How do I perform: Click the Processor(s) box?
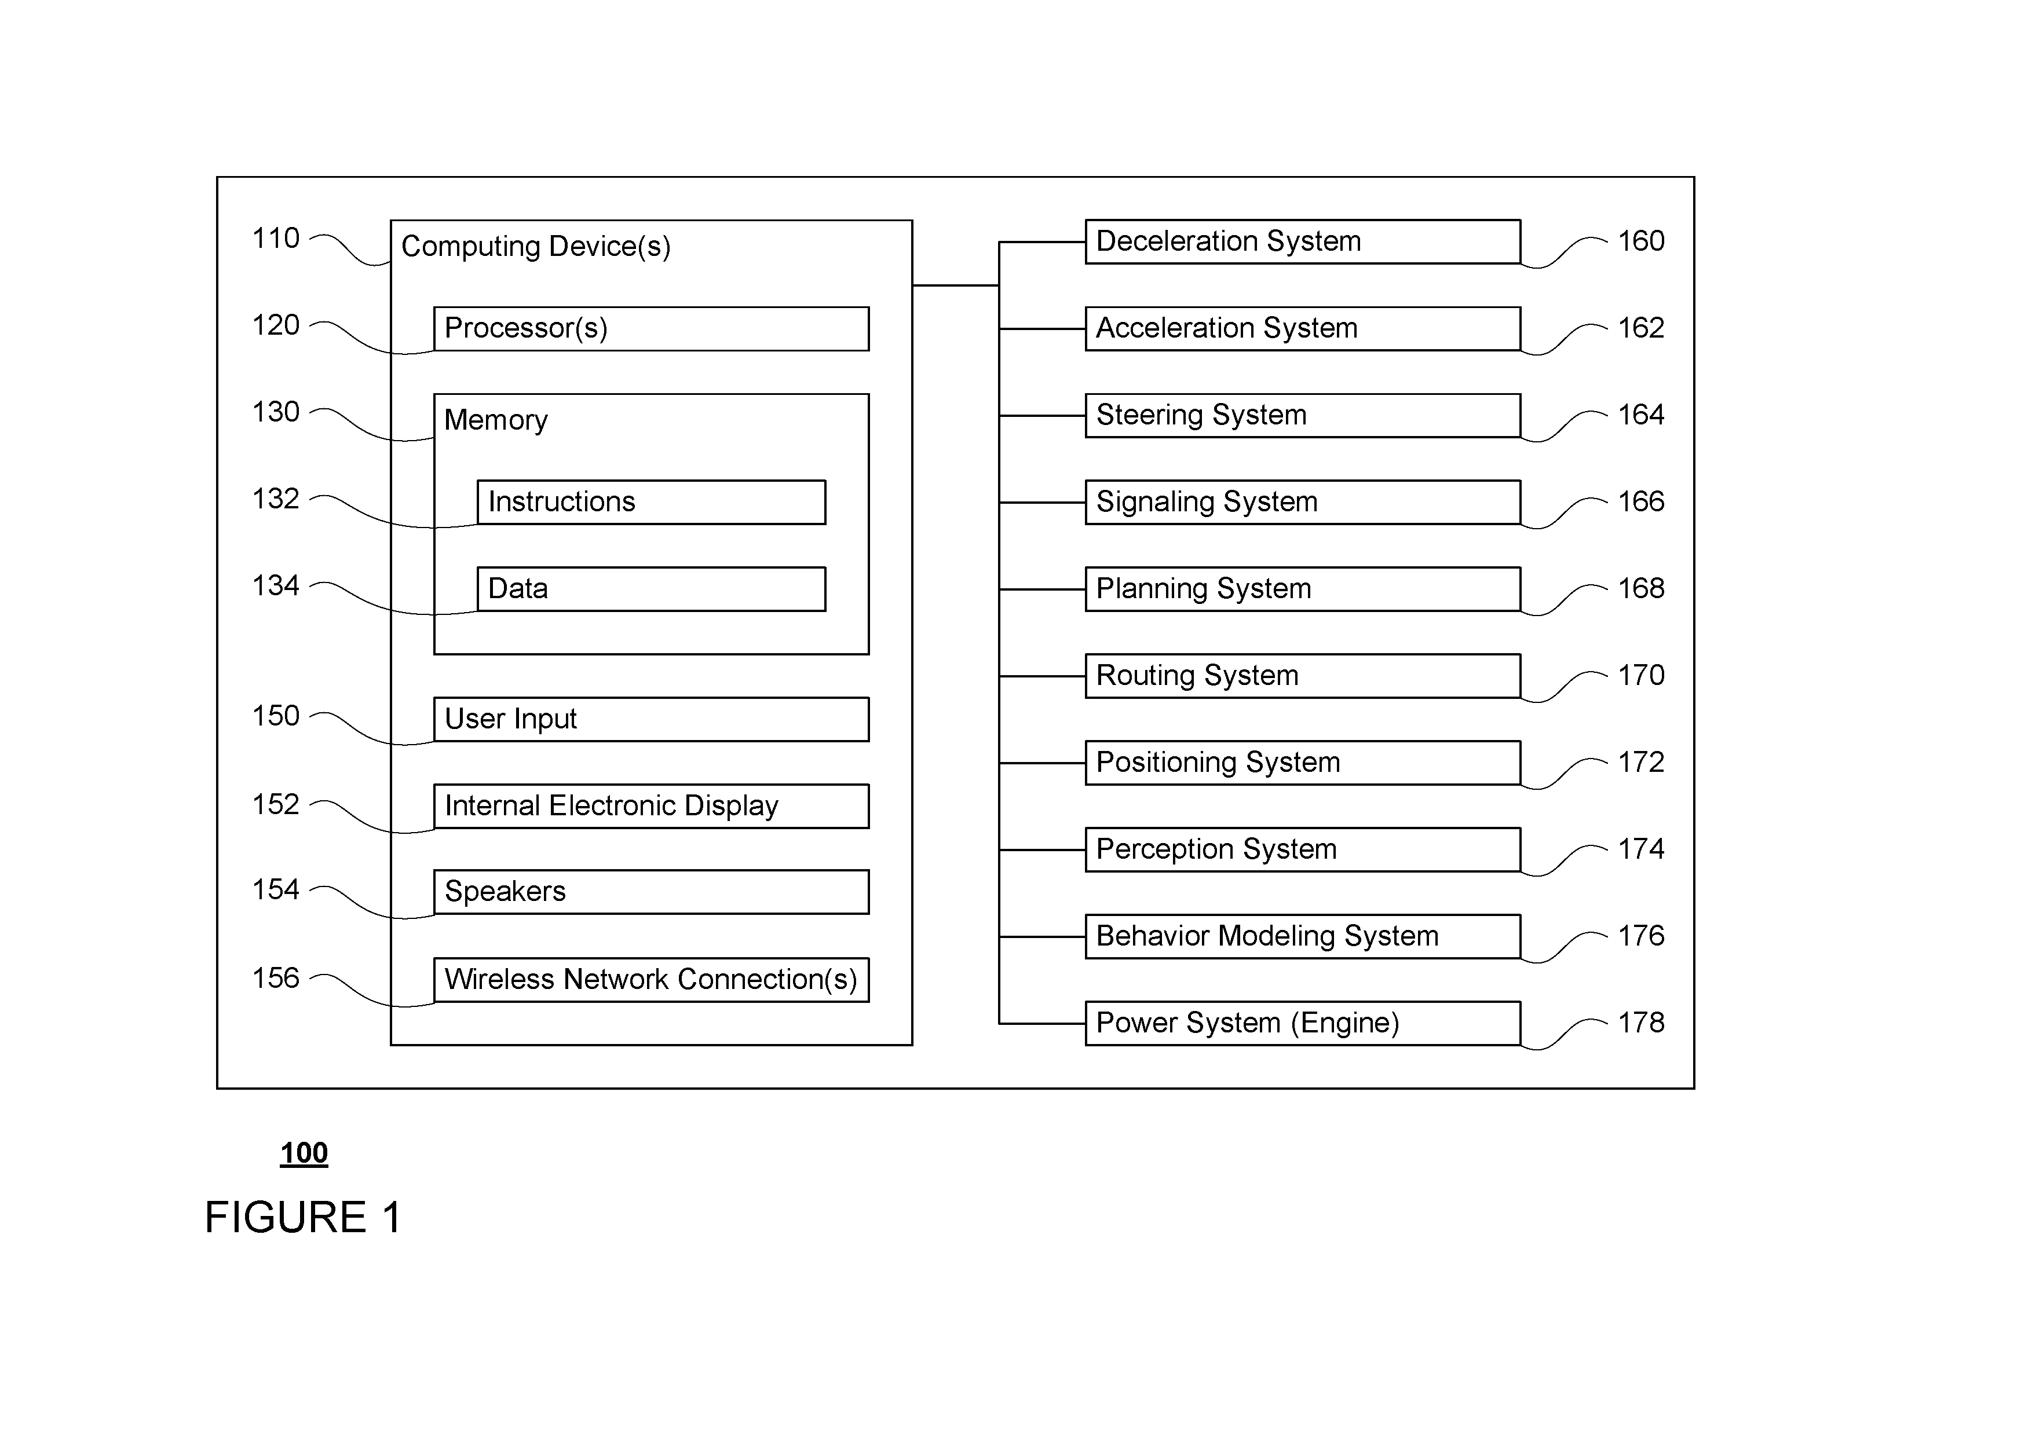(652, 329)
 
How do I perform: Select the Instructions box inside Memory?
(652, 503)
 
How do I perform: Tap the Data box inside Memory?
(652, 589)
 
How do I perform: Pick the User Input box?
(652, 719)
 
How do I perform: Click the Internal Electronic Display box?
(652, 806)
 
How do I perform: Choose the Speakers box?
(652, 892)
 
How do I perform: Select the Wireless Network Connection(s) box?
(652, 980)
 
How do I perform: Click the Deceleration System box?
(1303, 241)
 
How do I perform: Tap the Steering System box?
(1303, 416)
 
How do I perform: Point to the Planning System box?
(1303, 589)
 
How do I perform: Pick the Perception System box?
(1303, 849)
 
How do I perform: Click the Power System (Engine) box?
(1303, 1024)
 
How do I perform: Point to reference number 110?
(276, 239)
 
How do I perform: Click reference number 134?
(276, 586)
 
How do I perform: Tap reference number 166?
(1641, 501)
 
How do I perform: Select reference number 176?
(1641, 936)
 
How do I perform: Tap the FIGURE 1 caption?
(303, 1218)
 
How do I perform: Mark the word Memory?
(496, 420)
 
